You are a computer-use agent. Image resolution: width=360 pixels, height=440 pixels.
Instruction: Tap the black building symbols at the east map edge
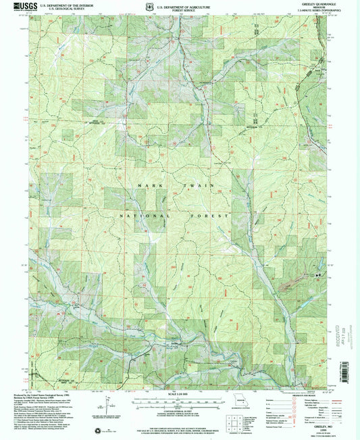(317, 275)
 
